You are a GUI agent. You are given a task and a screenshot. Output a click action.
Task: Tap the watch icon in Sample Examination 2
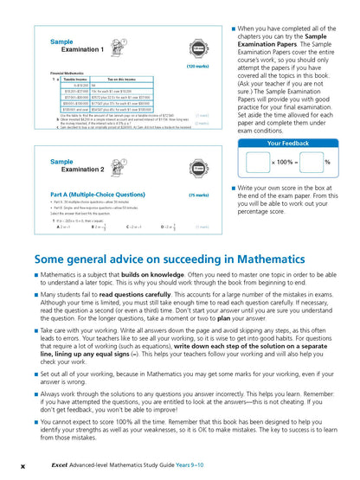(201, 165)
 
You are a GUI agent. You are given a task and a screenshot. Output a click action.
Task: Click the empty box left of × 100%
(257, 162)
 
